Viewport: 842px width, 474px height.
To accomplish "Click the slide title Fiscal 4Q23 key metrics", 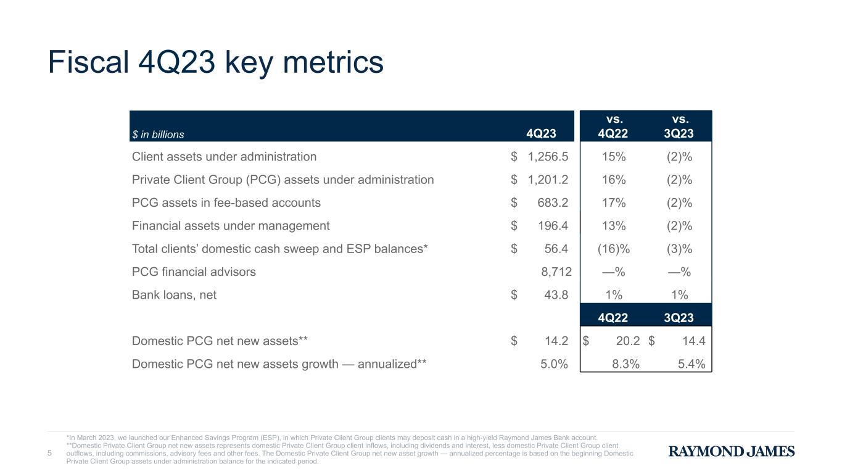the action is pos(216,63).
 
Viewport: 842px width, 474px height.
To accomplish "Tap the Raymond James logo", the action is pos(732,451).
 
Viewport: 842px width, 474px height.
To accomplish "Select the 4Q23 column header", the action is pos(541,133).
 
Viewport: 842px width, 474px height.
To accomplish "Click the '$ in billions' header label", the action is pos(158,135).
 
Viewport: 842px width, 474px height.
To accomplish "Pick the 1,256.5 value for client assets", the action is pos(548,157).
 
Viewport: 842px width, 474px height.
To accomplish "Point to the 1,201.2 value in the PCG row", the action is pos(548,180).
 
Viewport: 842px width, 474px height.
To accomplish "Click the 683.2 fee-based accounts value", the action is pos(553,203).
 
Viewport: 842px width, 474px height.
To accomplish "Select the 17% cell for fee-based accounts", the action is pos(614,203).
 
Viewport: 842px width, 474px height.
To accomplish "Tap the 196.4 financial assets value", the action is pos(553,226).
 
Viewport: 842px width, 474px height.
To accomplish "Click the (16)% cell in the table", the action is pos(614,249).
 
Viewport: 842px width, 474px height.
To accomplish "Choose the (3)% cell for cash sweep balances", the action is pos(680,249).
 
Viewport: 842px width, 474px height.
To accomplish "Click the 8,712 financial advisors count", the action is pos(556,272).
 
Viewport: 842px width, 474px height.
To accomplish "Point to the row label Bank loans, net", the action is pos(174,295).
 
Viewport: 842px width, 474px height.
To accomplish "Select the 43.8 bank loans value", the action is pos(556,295).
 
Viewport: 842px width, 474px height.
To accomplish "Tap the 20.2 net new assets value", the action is pos(628,341).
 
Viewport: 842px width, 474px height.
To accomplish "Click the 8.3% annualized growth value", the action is pos(626,364).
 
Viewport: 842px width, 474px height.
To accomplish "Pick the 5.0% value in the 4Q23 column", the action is pos(554,364).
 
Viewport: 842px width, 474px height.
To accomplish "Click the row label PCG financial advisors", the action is pos(194,272).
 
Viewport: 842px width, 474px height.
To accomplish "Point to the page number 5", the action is pos(49,453).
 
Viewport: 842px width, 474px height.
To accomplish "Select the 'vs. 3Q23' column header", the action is pos(679,127).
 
